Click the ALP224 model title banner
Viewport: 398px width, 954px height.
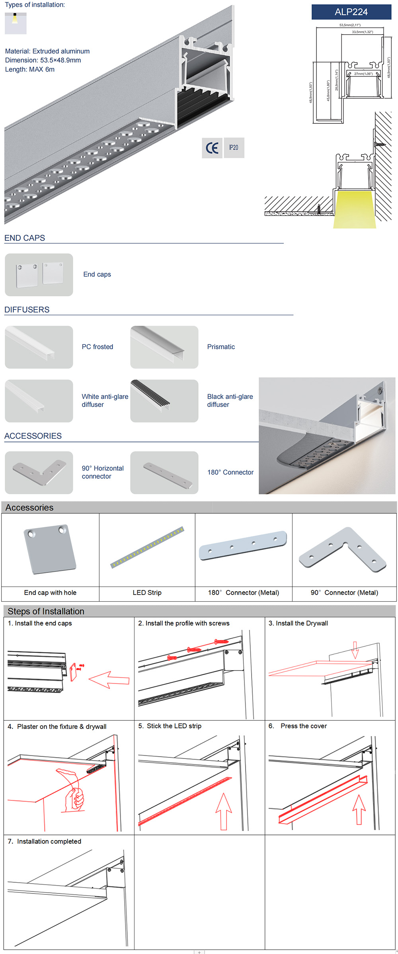(351, 12)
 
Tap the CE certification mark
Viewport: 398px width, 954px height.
(212, 148)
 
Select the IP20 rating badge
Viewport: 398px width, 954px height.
(234, 148)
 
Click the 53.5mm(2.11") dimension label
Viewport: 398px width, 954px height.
(350, 25)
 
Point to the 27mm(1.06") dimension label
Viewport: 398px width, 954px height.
(363, 74)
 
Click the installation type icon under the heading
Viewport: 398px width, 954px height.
(16, 23)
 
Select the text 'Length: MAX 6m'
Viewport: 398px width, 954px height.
(30, 69)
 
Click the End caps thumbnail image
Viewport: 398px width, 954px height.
(39, 275)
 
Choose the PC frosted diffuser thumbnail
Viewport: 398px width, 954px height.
(39, 347)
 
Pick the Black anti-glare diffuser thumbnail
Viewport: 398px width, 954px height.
(164, 401)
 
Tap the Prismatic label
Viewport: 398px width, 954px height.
(221, 347)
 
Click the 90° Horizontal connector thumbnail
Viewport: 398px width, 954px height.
(39, 473)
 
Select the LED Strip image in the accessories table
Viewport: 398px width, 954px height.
(147, 547)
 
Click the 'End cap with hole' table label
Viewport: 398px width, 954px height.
(50, 592)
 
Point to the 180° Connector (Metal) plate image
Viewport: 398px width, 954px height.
(243, 545)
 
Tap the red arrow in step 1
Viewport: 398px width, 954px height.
(109, 680)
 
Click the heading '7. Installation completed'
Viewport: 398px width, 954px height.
(45, 841)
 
